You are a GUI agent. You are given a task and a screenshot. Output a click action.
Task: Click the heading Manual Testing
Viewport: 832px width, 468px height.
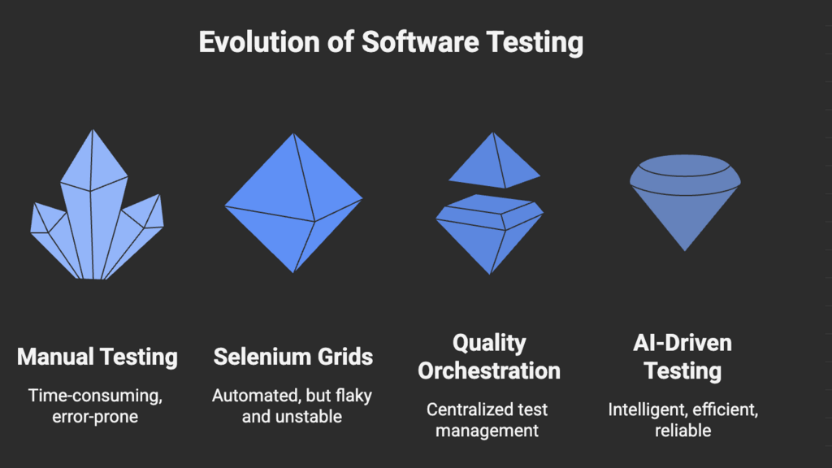[97, 357]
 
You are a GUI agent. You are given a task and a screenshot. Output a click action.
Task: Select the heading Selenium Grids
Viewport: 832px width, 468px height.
[293, 357]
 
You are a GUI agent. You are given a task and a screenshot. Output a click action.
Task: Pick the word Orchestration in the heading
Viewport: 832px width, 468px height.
[489, 371]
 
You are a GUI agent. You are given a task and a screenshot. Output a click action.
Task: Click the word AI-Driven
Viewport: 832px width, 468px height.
[682, 342]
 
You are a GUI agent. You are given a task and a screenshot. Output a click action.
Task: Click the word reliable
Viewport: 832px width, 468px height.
[682, 430]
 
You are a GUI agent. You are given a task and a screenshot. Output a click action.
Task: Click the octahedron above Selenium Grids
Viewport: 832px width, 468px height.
[292, 203]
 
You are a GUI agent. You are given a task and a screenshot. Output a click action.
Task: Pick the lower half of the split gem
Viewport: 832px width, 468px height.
[489, 232]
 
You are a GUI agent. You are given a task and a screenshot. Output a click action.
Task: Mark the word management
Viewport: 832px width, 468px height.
[487, 430]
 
